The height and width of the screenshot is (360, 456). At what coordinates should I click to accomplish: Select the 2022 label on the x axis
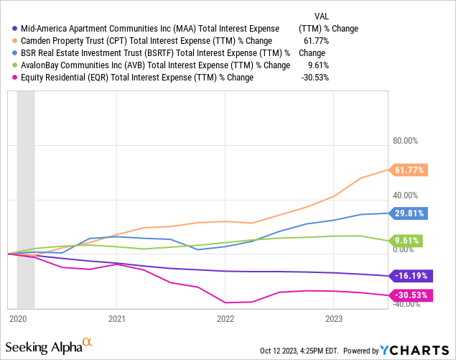pyautogui.click(x=225, y=318)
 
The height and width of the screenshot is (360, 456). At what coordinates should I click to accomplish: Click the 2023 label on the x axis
pyautogui.click(x=334, y=318)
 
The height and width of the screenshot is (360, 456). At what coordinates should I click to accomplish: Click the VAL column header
pyautogui.click(x=322, y=16)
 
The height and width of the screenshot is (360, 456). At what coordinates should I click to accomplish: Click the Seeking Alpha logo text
pyautogui.click(x=52, y=347)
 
